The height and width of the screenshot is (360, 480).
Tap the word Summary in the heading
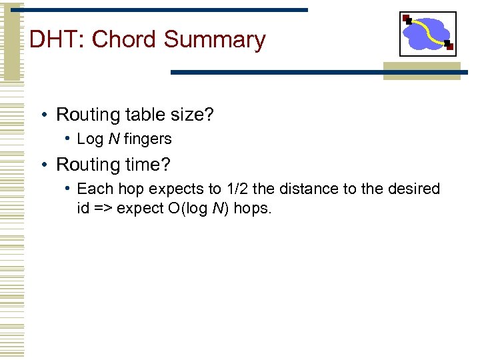pos(214,40)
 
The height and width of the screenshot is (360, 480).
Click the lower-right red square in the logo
pos(449,47)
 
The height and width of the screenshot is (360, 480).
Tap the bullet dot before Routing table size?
pos(43,115)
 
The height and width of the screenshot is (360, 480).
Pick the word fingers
pos(147,139)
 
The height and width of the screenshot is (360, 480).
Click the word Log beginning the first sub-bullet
pos(91,139)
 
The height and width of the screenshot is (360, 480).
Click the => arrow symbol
pos(102,209)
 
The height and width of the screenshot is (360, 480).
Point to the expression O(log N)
pos(198,209)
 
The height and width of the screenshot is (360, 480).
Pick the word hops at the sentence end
pos(252,209)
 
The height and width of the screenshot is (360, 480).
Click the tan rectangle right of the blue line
pos(421,71)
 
